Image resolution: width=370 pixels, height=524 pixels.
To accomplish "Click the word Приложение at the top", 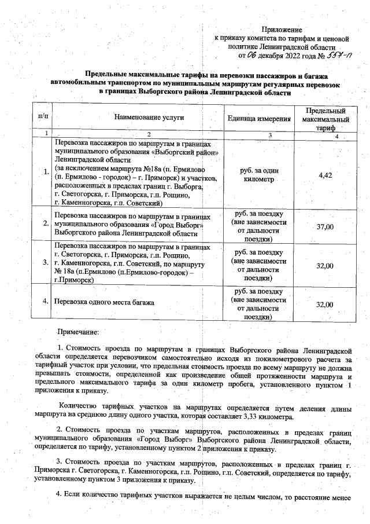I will [282, 29].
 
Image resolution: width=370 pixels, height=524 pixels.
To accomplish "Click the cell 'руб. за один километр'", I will [258, 175].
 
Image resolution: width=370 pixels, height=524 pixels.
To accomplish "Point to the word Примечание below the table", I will [77, 332].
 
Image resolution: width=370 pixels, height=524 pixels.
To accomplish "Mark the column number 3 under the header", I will [269, 134].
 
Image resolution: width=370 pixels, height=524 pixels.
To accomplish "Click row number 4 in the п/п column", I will [45, 302].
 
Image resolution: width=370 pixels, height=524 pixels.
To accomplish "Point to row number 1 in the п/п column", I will [45, 171].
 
